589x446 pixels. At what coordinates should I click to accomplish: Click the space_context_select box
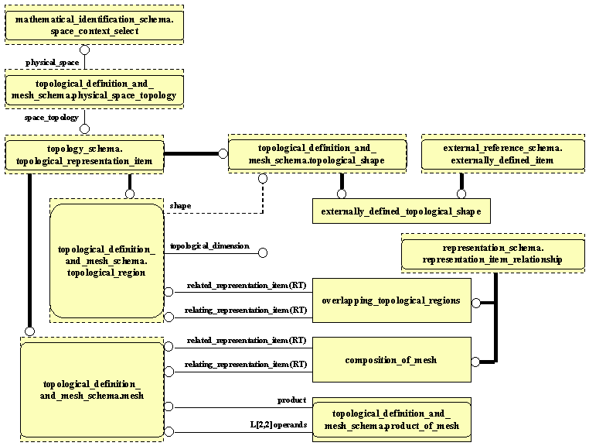(94, 25)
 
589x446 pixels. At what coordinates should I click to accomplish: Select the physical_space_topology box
(94, 90)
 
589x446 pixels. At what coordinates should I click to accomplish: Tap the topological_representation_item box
(85, 155)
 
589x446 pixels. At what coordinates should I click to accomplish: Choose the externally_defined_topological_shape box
(401, 211)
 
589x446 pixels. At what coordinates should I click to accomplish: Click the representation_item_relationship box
(493, 255)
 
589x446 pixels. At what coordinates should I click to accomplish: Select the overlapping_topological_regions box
(392, 301)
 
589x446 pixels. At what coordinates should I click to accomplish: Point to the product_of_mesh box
(392, 420)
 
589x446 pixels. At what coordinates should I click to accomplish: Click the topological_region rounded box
(107, 261)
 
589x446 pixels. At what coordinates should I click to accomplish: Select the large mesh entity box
(91, 390)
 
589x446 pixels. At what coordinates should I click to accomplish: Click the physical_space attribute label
(53, 62)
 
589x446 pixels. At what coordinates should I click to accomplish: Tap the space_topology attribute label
(51, 118)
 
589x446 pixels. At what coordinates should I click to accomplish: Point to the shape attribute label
(180, 206)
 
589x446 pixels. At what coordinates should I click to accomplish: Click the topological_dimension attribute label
(209, 246)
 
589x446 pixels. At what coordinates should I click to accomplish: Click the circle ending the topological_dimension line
(263, 252)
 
